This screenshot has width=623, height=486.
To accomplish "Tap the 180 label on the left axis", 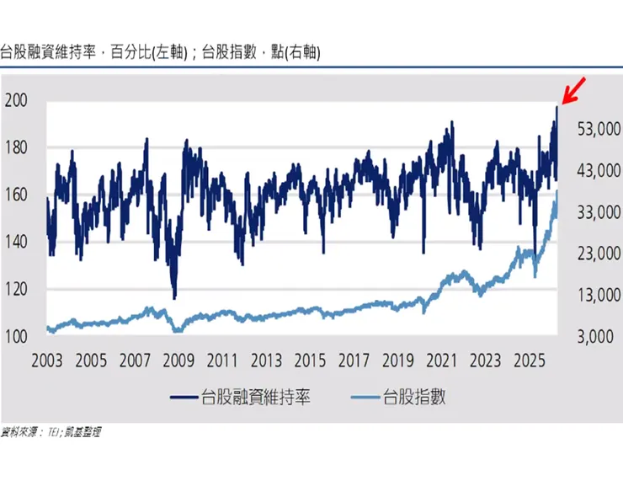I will tap(17, 148).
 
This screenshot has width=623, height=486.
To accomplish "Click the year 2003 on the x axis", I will tap(47, 361).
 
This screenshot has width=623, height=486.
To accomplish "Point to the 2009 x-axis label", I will tap(178, 361).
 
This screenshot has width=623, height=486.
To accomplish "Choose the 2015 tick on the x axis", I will tap(310, 361).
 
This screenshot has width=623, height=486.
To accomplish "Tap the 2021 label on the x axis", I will tap(441, 361).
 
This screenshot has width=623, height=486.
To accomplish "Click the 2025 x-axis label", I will tap(529, 361).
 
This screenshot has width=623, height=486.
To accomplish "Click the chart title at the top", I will tap(160, 52).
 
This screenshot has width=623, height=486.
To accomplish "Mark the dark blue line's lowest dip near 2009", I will tap(174, 297).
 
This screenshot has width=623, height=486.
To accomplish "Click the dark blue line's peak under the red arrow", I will tap(556, 106).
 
